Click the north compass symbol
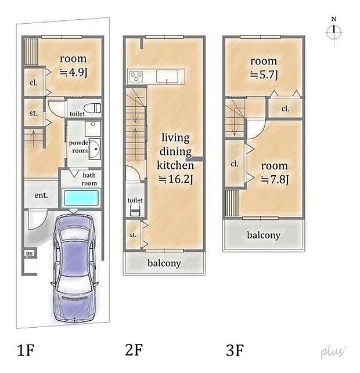[334, 32]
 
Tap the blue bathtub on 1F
[81, 198]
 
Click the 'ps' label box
[30, 254]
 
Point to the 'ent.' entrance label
[41, 195]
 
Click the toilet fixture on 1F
[93, 108]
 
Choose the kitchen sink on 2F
[167, 77]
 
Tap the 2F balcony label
[164, 263]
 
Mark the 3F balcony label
[264, 235]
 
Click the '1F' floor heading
[26, 350]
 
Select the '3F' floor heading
[235, 350]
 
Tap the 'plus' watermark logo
[334, 352]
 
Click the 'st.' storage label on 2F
[133, 235]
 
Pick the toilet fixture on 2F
[135, 211]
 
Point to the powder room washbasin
[95, 149]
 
